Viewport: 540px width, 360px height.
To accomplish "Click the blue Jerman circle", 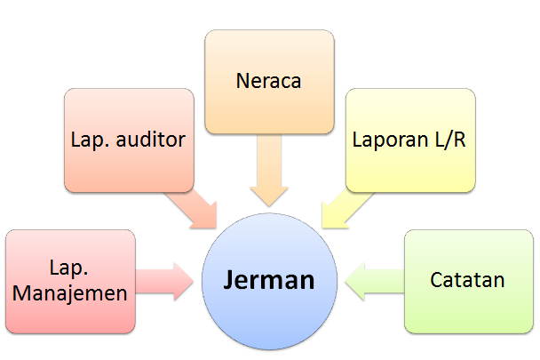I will (269, 281).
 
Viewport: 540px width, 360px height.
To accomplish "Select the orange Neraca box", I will (269, 81).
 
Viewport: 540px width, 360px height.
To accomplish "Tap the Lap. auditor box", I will (128, 140).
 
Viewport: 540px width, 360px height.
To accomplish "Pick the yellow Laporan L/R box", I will (409, 140).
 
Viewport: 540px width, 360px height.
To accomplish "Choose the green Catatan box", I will (467, 281).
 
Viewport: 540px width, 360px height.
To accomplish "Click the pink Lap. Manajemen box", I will (69, 281).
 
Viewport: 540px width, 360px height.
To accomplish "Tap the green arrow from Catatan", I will (372, 281).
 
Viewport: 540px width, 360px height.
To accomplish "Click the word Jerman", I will (269, 281).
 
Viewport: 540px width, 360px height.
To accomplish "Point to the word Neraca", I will (269, 82).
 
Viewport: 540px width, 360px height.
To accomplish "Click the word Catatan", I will (467, 281).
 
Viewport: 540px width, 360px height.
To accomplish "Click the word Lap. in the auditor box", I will (90, 140).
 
